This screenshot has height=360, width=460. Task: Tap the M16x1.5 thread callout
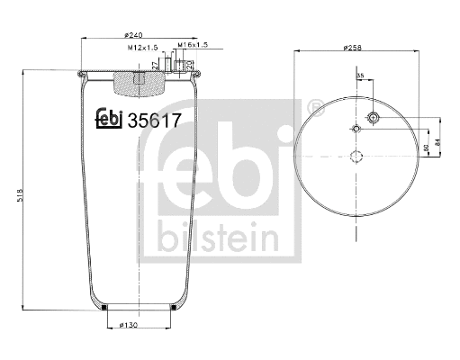coord(193,44)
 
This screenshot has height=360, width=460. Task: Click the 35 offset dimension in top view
coord(361,77)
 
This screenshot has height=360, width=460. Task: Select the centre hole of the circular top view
coord(356,157)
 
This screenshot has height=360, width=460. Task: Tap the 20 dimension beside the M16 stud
coord(200,65)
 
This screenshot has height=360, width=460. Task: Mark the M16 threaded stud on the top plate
coord(187,66)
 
